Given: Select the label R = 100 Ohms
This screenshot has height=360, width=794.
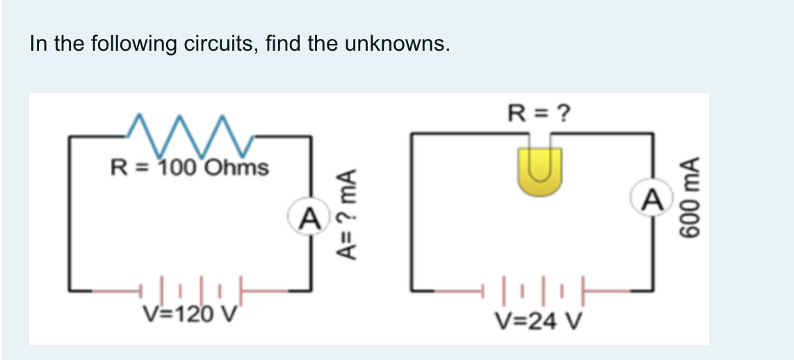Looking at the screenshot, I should (190, 167).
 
